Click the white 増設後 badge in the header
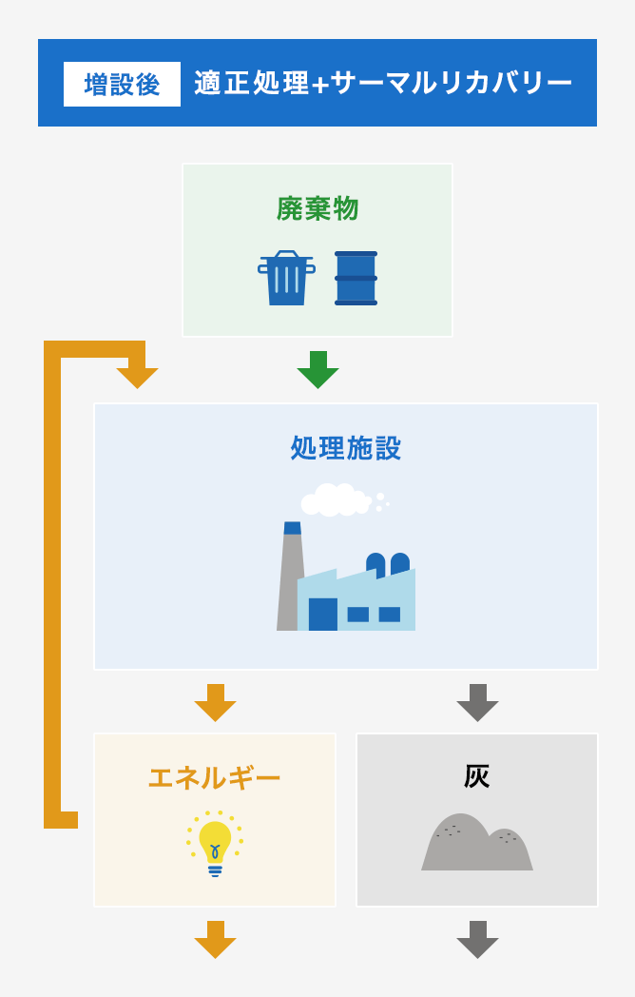122,84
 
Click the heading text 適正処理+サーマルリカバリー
383,84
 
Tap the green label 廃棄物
317,208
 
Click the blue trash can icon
286,279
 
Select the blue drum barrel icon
356,279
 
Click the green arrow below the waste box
317,370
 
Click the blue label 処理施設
346,448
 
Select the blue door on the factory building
322,615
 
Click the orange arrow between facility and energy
215,703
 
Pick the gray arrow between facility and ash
477,703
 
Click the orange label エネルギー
214,777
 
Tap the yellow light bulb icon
215,843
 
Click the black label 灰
476,776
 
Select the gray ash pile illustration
476,844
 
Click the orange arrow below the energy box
215,940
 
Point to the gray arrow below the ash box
477,940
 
